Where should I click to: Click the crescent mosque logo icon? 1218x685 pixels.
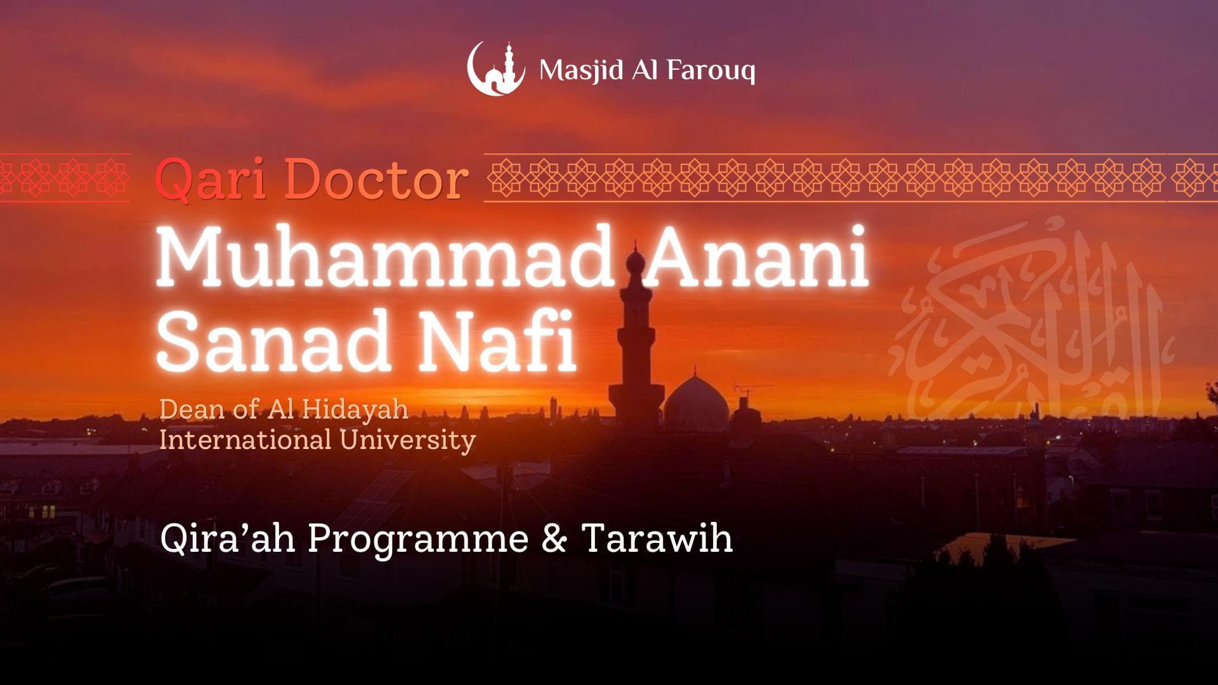click(496, 69)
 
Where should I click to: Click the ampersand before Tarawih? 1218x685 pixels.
click(554, 538)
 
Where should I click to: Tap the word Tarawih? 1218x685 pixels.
click(657, 538)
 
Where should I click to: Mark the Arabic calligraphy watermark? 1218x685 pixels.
click(1028, 323)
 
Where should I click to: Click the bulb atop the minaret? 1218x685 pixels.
click(635, 261)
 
